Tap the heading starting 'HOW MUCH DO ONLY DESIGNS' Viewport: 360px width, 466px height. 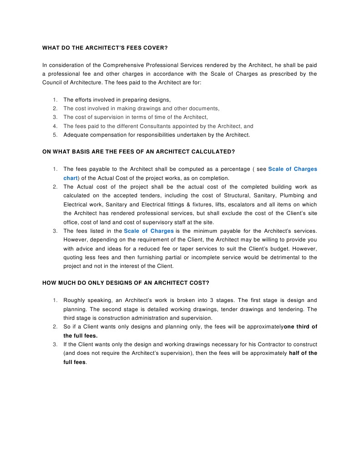pyautogui.click(x=126, y=282)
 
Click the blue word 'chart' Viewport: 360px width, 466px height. pyautogui.click(x=71, y=178)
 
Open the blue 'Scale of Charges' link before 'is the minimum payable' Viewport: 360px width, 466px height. pyautogui.click(x=149, y=231)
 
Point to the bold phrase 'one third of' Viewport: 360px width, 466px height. pyautogui.click(x=300, y=327)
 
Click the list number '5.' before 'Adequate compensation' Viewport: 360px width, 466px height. pyautogui.click(x=55, y=135)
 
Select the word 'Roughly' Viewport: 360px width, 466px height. pyautogui.click(x=74, y=300)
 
